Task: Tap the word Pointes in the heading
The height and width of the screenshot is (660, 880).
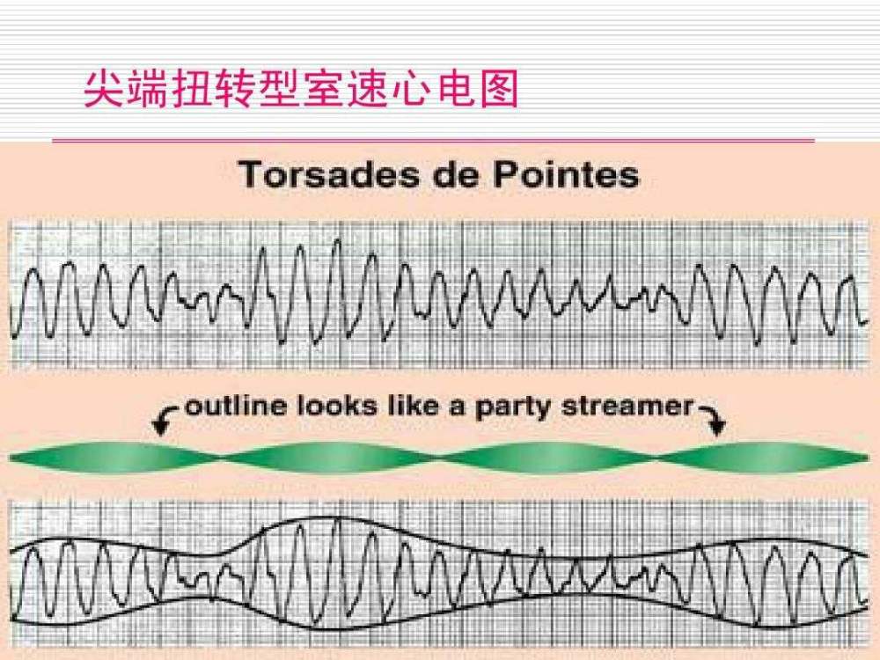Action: coord(566,174)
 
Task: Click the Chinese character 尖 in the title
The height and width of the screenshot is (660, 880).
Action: coord(106,89)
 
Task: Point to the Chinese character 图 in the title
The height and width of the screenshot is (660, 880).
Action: coord(497,89)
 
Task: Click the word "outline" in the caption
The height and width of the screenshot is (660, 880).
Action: coord(236,406)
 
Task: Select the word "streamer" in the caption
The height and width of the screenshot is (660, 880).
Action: coord(627,406)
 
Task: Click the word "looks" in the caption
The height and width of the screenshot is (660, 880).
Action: coord(337,406)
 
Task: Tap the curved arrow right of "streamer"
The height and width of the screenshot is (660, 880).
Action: coord(713,417)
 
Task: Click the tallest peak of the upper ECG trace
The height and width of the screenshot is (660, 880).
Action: coord(337,241)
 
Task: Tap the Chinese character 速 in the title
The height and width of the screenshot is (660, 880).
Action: coord(366,89)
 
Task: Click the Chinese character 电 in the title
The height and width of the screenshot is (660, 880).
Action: coord(453,89)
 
